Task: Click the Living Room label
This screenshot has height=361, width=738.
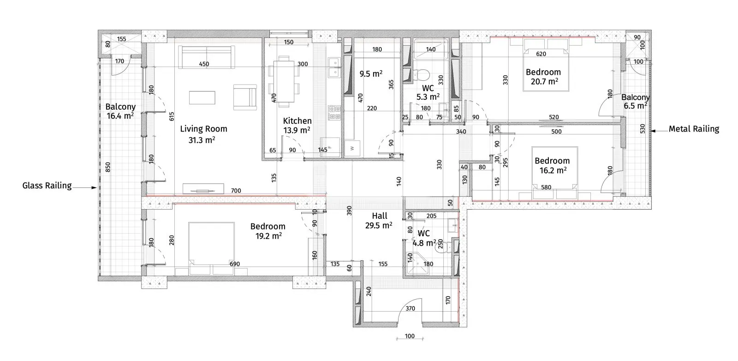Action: click(x=203, y=129)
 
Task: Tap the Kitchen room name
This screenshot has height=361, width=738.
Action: click(x=297, y=120)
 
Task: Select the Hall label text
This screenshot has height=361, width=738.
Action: click(x=380, y=216)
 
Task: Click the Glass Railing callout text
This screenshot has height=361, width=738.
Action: click(x=47, y=186)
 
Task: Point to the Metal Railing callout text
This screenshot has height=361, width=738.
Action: click(x=694, y=129)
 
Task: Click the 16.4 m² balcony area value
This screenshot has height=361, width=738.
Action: click(x=120, y=116)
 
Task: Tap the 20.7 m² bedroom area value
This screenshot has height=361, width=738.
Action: click(x=544, y=81)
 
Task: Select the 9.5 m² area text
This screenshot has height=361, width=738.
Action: click(x=371, y=73)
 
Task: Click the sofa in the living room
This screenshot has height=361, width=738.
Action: click(x=207, y=57)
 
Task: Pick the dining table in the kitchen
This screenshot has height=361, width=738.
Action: click(x=284, y=81)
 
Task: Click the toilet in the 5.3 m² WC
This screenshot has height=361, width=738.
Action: click(x=421, y=74)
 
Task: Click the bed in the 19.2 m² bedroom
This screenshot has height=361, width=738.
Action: click(x=212, y=243)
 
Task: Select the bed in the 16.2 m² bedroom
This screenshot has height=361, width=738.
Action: click(x=555, y=169)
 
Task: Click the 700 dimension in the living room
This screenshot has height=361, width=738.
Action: click(x=236, y=191)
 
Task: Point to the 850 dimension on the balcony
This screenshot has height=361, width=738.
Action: click(x=108, y=167)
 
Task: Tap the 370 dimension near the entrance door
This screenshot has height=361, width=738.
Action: click(x=410, y=308)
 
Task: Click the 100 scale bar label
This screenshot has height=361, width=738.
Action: click(x=410, y=336)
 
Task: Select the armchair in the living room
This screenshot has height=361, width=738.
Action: click(x=245, y=97)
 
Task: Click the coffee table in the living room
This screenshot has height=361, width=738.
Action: click(x=202, y=97)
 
